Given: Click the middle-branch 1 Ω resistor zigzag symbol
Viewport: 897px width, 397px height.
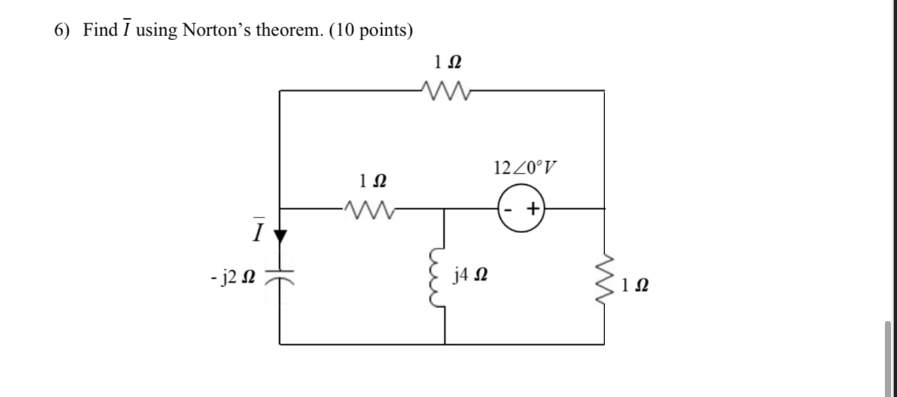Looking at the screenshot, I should tap(365, 209).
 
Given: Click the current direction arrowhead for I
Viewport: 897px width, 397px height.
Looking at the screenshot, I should tap(280, 236).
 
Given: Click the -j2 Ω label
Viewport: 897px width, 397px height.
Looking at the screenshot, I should tap(232, 277).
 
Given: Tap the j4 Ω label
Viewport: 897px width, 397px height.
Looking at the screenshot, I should tap(471, 276).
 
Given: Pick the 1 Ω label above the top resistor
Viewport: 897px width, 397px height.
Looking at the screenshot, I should tap(448, 63).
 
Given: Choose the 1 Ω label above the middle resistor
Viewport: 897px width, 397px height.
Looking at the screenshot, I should tap(372, 182).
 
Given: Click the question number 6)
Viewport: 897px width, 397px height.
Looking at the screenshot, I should tap(64, 31).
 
